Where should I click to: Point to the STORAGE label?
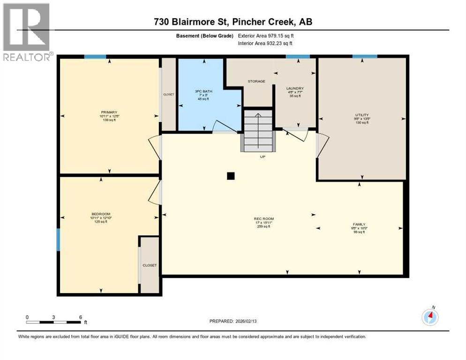tap(256, 81)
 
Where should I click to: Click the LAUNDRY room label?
tap(295, 88)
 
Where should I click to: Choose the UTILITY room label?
tap(361, 114)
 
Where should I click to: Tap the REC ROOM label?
tap(263, 219)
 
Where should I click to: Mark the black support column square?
tap(230, 176)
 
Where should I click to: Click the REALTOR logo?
tap(26, 31)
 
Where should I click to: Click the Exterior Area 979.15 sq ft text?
tap(268, 35)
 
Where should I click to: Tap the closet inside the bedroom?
tap(150, 265)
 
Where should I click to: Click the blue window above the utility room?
tap(365, 56)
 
